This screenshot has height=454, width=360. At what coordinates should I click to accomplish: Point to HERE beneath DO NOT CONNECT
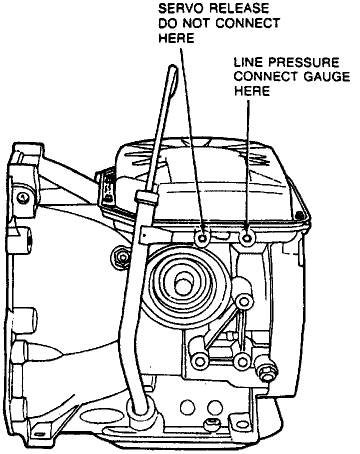pyautogui.click(x=175, y=38)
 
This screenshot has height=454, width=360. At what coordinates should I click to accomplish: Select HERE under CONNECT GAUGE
pyautogui.click(x=252, y=91)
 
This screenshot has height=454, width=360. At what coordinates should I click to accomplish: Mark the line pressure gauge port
pyautogui.click(x=246, y=237)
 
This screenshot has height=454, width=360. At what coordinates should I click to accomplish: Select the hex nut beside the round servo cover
pyautogui.click(x=120, y=257)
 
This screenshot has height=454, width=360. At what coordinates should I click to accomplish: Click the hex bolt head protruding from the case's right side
pyautogui.click(x=266, y=370)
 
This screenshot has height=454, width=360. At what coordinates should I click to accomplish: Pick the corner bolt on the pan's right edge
pyautogui.click(x=299, y=215)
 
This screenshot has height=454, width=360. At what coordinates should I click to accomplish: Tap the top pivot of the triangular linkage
pyautogui.click(x=243, y=301)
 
